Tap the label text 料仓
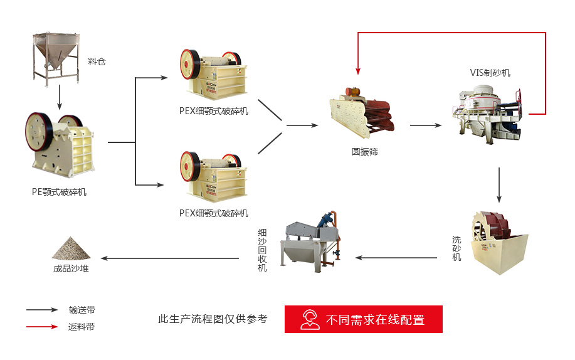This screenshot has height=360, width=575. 97,61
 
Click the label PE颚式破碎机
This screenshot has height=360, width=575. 59,192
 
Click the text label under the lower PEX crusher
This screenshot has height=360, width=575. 213,213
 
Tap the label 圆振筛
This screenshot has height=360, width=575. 364,152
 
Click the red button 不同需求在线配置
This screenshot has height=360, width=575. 364,319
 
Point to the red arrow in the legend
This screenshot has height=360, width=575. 42,326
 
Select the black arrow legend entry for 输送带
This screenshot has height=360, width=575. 42,310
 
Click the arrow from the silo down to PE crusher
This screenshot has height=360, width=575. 59,97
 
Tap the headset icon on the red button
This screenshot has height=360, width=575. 310,319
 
